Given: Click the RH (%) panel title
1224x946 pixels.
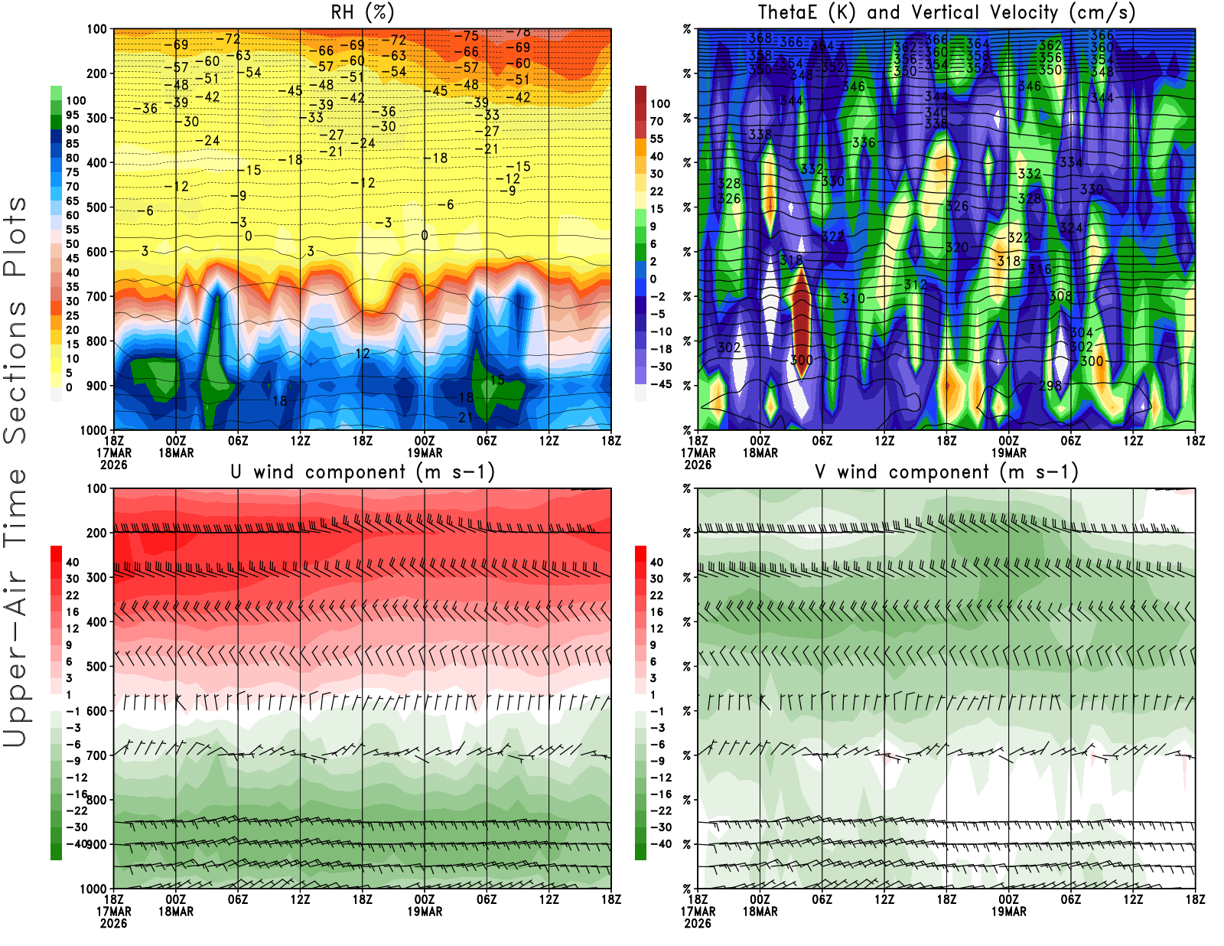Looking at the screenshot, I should click(363, 13).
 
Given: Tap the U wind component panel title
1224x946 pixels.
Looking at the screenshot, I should click(363, 472).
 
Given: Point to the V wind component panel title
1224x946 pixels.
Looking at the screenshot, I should click(946, 472).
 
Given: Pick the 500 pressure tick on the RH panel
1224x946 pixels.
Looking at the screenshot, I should click(96, 207).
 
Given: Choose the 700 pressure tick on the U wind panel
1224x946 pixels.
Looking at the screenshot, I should click(96, 755).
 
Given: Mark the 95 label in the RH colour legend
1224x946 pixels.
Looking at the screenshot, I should click(72, 115).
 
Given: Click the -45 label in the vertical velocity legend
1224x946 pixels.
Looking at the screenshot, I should click(660, 384).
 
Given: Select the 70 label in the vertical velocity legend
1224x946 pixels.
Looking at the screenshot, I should click(656, 121).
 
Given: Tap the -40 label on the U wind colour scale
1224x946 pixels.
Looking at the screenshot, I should click(76, 843).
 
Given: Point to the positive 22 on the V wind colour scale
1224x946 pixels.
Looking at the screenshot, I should click(656, 595).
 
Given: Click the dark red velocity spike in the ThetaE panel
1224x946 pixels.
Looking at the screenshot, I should click(801, 321).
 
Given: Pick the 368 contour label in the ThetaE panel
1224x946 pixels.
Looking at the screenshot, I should click(760, 38).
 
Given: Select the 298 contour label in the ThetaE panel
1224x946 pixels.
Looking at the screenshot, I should click(1050, 385).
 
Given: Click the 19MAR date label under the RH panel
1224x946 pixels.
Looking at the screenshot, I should click(425, 452).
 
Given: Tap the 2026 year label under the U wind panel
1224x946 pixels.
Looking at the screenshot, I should click(113, 923).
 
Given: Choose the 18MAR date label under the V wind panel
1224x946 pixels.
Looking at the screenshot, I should click(760, 912).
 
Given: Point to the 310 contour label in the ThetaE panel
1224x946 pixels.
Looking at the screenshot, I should click(852, 298).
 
